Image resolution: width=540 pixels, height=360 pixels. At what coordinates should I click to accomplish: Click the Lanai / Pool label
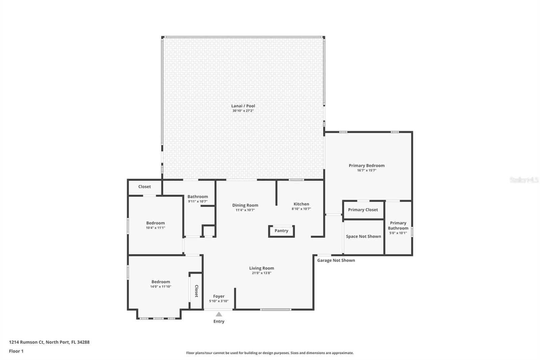(x=243, y=106)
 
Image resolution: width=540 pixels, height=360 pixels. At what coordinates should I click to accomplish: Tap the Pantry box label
(x=281, y=231)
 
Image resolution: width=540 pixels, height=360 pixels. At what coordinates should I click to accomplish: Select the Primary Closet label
(x=363, y=210)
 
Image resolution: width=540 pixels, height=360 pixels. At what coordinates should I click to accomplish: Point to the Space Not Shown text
(x=363, y=236)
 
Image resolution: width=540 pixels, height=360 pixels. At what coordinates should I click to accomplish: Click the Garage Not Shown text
(x=336, y=260)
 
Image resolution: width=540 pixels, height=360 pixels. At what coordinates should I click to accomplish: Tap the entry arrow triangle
(x=219, y=314)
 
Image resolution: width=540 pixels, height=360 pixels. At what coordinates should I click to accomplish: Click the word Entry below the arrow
(x=219, y=322)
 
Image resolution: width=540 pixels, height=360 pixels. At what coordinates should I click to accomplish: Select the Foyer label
(x=219, y=296)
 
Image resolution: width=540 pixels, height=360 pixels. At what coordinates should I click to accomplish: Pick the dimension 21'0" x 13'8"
(x=261, y=273)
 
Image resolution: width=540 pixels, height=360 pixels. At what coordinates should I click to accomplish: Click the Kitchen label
(x=301, y=204)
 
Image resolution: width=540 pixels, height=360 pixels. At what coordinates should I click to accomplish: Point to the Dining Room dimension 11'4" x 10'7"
(x=245, y=210)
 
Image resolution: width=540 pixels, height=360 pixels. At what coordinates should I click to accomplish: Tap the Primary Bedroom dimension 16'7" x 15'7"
(x=367, y=170)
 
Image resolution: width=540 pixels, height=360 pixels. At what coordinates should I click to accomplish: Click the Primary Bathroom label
(x=398, y=225)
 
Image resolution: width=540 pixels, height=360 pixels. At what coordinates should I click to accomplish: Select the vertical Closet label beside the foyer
(x=196, y=291)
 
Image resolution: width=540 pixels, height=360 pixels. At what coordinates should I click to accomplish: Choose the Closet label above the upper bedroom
(x=144, y=186)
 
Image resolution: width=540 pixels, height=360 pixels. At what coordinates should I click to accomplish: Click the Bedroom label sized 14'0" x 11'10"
(x=161, y=282)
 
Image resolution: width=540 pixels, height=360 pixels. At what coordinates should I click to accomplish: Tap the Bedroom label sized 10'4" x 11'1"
(x=156, y=223)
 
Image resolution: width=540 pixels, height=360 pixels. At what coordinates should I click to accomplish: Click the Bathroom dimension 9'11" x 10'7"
(x=197, y=201)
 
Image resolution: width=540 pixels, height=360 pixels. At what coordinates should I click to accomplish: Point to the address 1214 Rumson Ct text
(x=49, y=342)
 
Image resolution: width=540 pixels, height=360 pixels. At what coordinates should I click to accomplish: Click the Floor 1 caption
(x=16, y=351)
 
